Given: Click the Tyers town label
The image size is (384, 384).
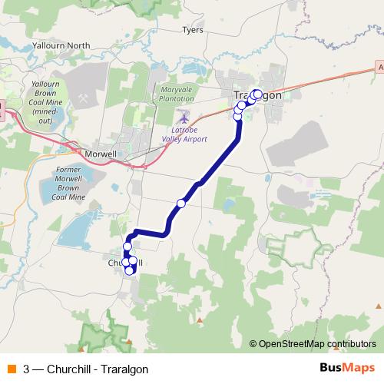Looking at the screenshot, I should (x=192, y=31).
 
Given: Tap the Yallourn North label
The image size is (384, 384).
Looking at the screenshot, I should (x=61, y=46).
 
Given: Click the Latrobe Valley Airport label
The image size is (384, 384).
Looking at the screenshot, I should (x=184, y=135).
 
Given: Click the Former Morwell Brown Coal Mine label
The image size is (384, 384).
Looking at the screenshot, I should (x=79, y=182).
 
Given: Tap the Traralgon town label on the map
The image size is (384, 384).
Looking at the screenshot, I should (x=257, y=94).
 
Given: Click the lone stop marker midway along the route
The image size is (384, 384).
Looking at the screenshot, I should (x=181, y=203).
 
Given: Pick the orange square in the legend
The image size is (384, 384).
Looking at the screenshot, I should (x=11, y=369).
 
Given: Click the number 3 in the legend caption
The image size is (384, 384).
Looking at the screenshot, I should (x=27, y=369).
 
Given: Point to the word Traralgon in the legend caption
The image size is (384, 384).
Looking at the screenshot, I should (x=123, y=369).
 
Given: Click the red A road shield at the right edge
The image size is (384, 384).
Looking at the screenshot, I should (x=379, y=68).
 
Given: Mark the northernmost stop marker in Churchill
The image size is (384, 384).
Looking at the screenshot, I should (x=127, y=246).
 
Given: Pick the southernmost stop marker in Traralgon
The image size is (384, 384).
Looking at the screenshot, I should (x=237, y=116).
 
